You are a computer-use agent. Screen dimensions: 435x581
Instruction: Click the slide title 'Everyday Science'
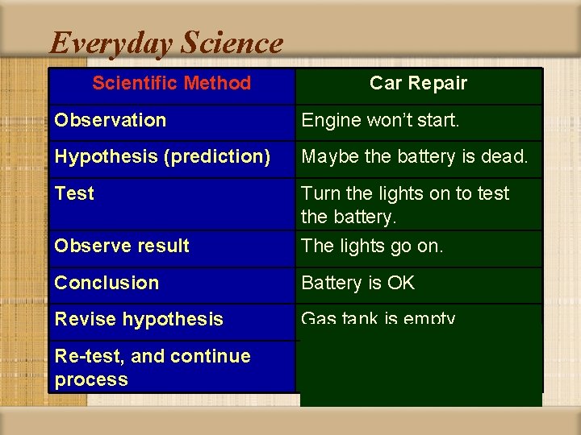166,43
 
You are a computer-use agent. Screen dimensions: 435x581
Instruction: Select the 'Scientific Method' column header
171,83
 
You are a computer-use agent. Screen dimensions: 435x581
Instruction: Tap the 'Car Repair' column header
418,83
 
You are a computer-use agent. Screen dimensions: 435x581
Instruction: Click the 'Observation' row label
110,120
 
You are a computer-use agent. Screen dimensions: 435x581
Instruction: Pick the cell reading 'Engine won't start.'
380,120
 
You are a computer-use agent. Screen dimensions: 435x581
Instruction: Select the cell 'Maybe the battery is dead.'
414,157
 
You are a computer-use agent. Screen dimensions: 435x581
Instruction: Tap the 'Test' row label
74,193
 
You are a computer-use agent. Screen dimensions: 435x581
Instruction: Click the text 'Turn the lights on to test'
405,193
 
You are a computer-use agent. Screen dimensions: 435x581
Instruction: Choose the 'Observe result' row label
121,246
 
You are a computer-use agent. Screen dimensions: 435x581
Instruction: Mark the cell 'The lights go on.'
372,246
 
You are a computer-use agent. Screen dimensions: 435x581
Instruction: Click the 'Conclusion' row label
107,283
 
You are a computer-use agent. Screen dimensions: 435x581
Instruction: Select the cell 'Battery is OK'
357,283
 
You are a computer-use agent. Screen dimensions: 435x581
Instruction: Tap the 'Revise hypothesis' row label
138,319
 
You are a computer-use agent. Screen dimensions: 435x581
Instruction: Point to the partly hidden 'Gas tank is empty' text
378,319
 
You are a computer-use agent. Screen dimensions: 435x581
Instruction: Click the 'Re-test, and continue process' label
152,367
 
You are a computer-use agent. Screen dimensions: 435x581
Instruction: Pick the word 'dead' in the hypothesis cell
505,157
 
